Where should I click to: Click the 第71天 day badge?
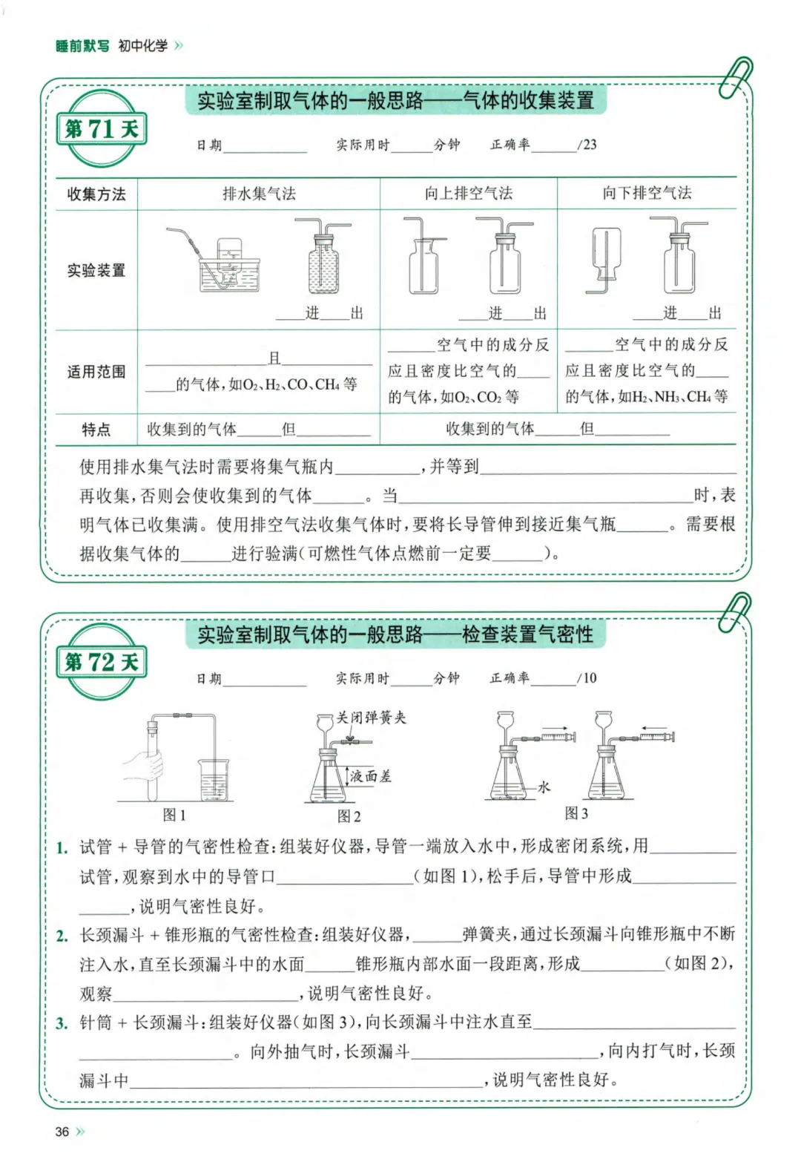(102, 129)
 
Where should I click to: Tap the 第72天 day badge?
(102, 662)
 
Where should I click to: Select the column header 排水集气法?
(259, 194)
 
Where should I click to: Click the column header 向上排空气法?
(468, 194)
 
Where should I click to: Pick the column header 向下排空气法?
(647, 194)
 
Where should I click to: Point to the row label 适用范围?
(96, 372)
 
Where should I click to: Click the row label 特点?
(96, 429)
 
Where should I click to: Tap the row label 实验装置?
(96, 270)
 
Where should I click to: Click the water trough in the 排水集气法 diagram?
(229, 275)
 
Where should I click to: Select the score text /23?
(587, 145)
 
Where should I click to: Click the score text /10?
(587, 677)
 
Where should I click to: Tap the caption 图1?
(174, 815)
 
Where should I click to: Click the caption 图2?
(349, 816)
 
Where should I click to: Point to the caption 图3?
(576, 813)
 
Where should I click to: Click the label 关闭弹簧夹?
(371, 718)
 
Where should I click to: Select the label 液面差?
(370, 776)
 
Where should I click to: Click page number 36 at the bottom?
(62, 1132)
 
